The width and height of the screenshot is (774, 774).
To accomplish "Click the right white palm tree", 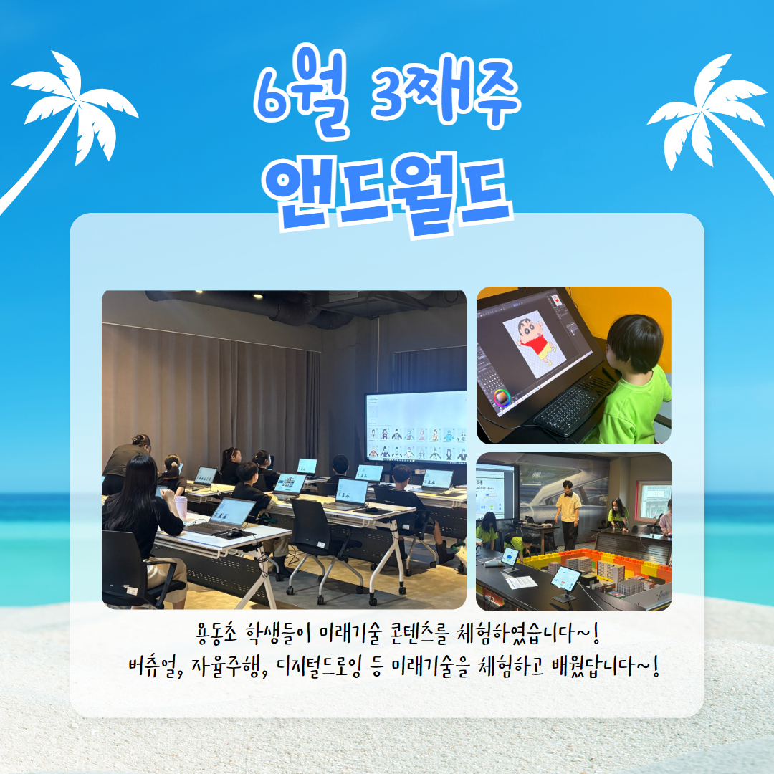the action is pyautogui.click(x=711, y=113).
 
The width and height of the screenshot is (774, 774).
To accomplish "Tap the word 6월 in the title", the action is pyautogui.click(x=302, y=91).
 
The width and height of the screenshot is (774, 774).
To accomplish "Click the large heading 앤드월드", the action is pyautogui.click(x=388, y=195).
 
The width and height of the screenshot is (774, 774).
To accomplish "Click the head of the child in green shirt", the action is pyautogui.click(x=635, y=343).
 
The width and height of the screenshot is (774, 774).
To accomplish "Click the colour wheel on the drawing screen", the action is pyautogui.click(x=501, y=398).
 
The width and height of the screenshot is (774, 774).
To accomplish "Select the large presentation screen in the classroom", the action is pyautogui.click(x=416, y=427).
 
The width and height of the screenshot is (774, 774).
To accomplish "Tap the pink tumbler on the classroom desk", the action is pyautogui.click(x=181, y=508).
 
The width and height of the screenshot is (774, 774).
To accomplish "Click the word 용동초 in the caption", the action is pyautogui.click(x=216, y=634).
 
